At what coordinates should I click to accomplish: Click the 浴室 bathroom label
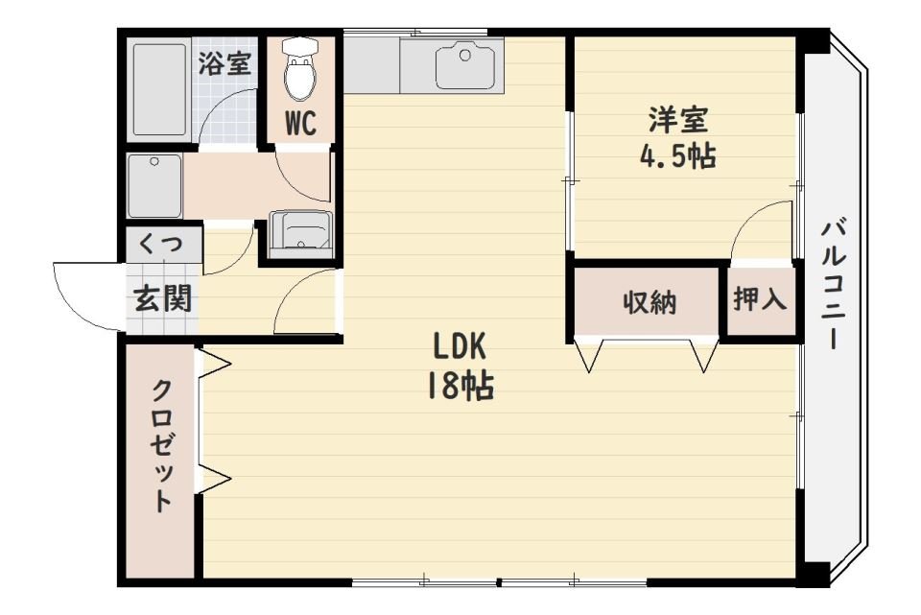(x=225, y=64)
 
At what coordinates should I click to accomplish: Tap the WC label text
(x=300, y=123)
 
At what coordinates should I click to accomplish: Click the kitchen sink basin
(x=465, y=66)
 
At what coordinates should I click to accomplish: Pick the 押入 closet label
(x=761, y=300)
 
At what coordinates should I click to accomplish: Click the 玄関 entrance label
(x=162, y=299)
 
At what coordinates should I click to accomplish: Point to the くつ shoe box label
(x=160, y=244)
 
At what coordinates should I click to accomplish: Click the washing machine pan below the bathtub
(x=155, y=186)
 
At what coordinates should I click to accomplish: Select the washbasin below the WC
(x=300, y=234)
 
